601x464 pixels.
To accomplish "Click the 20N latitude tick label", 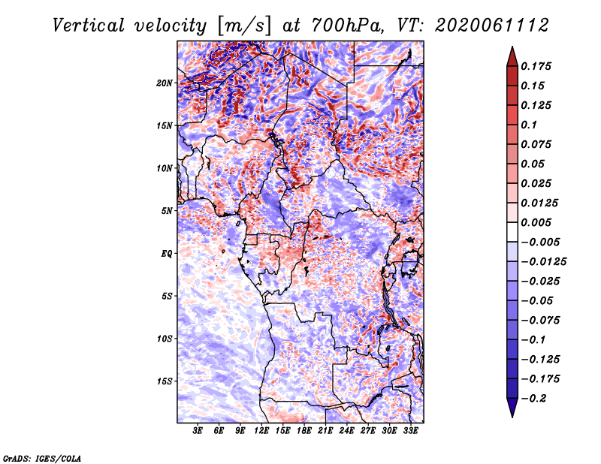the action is click(x=164, y=83).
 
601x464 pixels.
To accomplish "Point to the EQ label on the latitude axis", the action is click(x=166, y=254).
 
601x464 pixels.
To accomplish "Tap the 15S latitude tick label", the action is click(x=165, y=381).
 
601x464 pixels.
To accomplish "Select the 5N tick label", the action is click(x=166, y=211).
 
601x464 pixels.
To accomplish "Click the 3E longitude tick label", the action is click(x=198, y=430).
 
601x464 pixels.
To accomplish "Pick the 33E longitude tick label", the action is click(x=410, y=430).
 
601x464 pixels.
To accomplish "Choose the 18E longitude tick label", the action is click(x=304, y=430).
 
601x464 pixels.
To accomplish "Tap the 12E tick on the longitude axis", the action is click(x=261, y=430).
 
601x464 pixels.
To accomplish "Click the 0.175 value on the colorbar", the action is click(x=536, y=66).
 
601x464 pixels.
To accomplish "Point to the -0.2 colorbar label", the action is click(x=533, y=399).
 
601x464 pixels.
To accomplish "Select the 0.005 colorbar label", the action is click(x=536, y=222).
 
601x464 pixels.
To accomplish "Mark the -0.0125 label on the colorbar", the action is click(x=543, y=262).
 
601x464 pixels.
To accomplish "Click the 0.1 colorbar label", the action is click(x=529, y=125).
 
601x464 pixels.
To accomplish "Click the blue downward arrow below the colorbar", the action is click(x=512, y=408).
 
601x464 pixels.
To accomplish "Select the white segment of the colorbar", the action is click(x=512, y=232).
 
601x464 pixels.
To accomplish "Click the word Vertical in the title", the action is click(x=89, y=26).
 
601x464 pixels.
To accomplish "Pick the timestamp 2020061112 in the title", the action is click(x=492, y=26).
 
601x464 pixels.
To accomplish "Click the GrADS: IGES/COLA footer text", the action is click(x=42, y=459).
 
